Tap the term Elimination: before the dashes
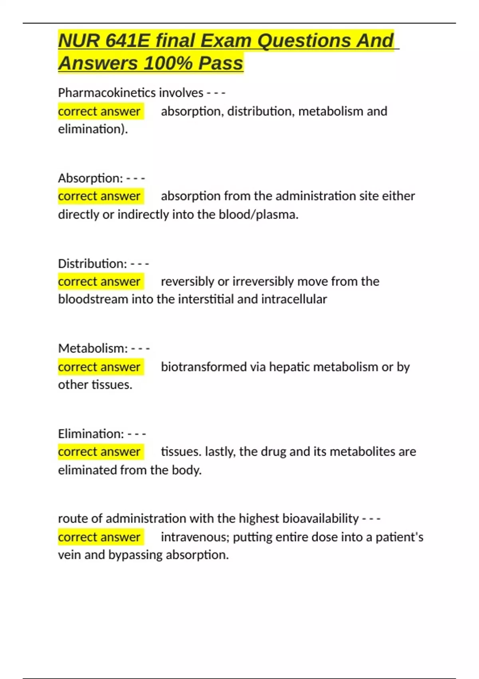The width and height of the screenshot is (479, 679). click(91, 434)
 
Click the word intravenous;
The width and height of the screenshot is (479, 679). click(195, 537)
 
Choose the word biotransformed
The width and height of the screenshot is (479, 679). click(204, 367)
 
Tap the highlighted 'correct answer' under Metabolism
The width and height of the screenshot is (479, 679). click(99, 367)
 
